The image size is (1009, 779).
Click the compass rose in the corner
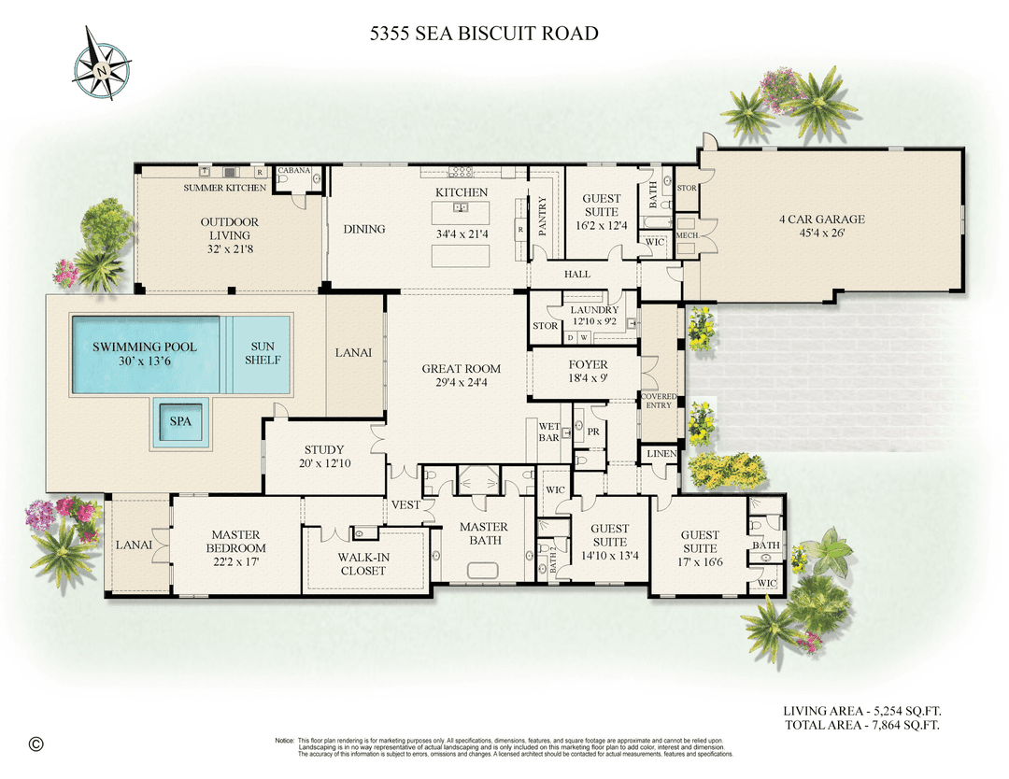click(102, 62)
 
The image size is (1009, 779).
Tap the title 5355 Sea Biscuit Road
click(483, 34)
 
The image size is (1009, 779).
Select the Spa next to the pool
click(180, 421)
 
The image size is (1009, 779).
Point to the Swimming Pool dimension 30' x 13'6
click(144, 361)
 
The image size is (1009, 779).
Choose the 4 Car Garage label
click(822, 220)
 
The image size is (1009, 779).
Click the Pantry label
click(541, 214)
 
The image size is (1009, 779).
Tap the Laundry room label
click(594, 310)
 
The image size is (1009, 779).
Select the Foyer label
click(588, 364)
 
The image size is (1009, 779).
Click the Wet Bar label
click(548, 432)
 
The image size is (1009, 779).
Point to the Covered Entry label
click(659, 401)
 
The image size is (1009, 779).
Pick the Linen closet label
click(658, 453)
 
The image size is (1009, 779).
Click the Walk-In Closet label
click(362, 564)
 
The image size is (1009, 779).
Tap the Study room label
click(324, 449)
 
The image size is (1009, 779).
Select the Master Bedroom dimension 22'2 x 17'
click(236, 561)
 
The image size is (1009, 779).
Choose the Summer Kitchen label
click(224, 188)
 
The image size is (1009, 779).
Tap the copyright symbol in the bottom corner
click(36, 744)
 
